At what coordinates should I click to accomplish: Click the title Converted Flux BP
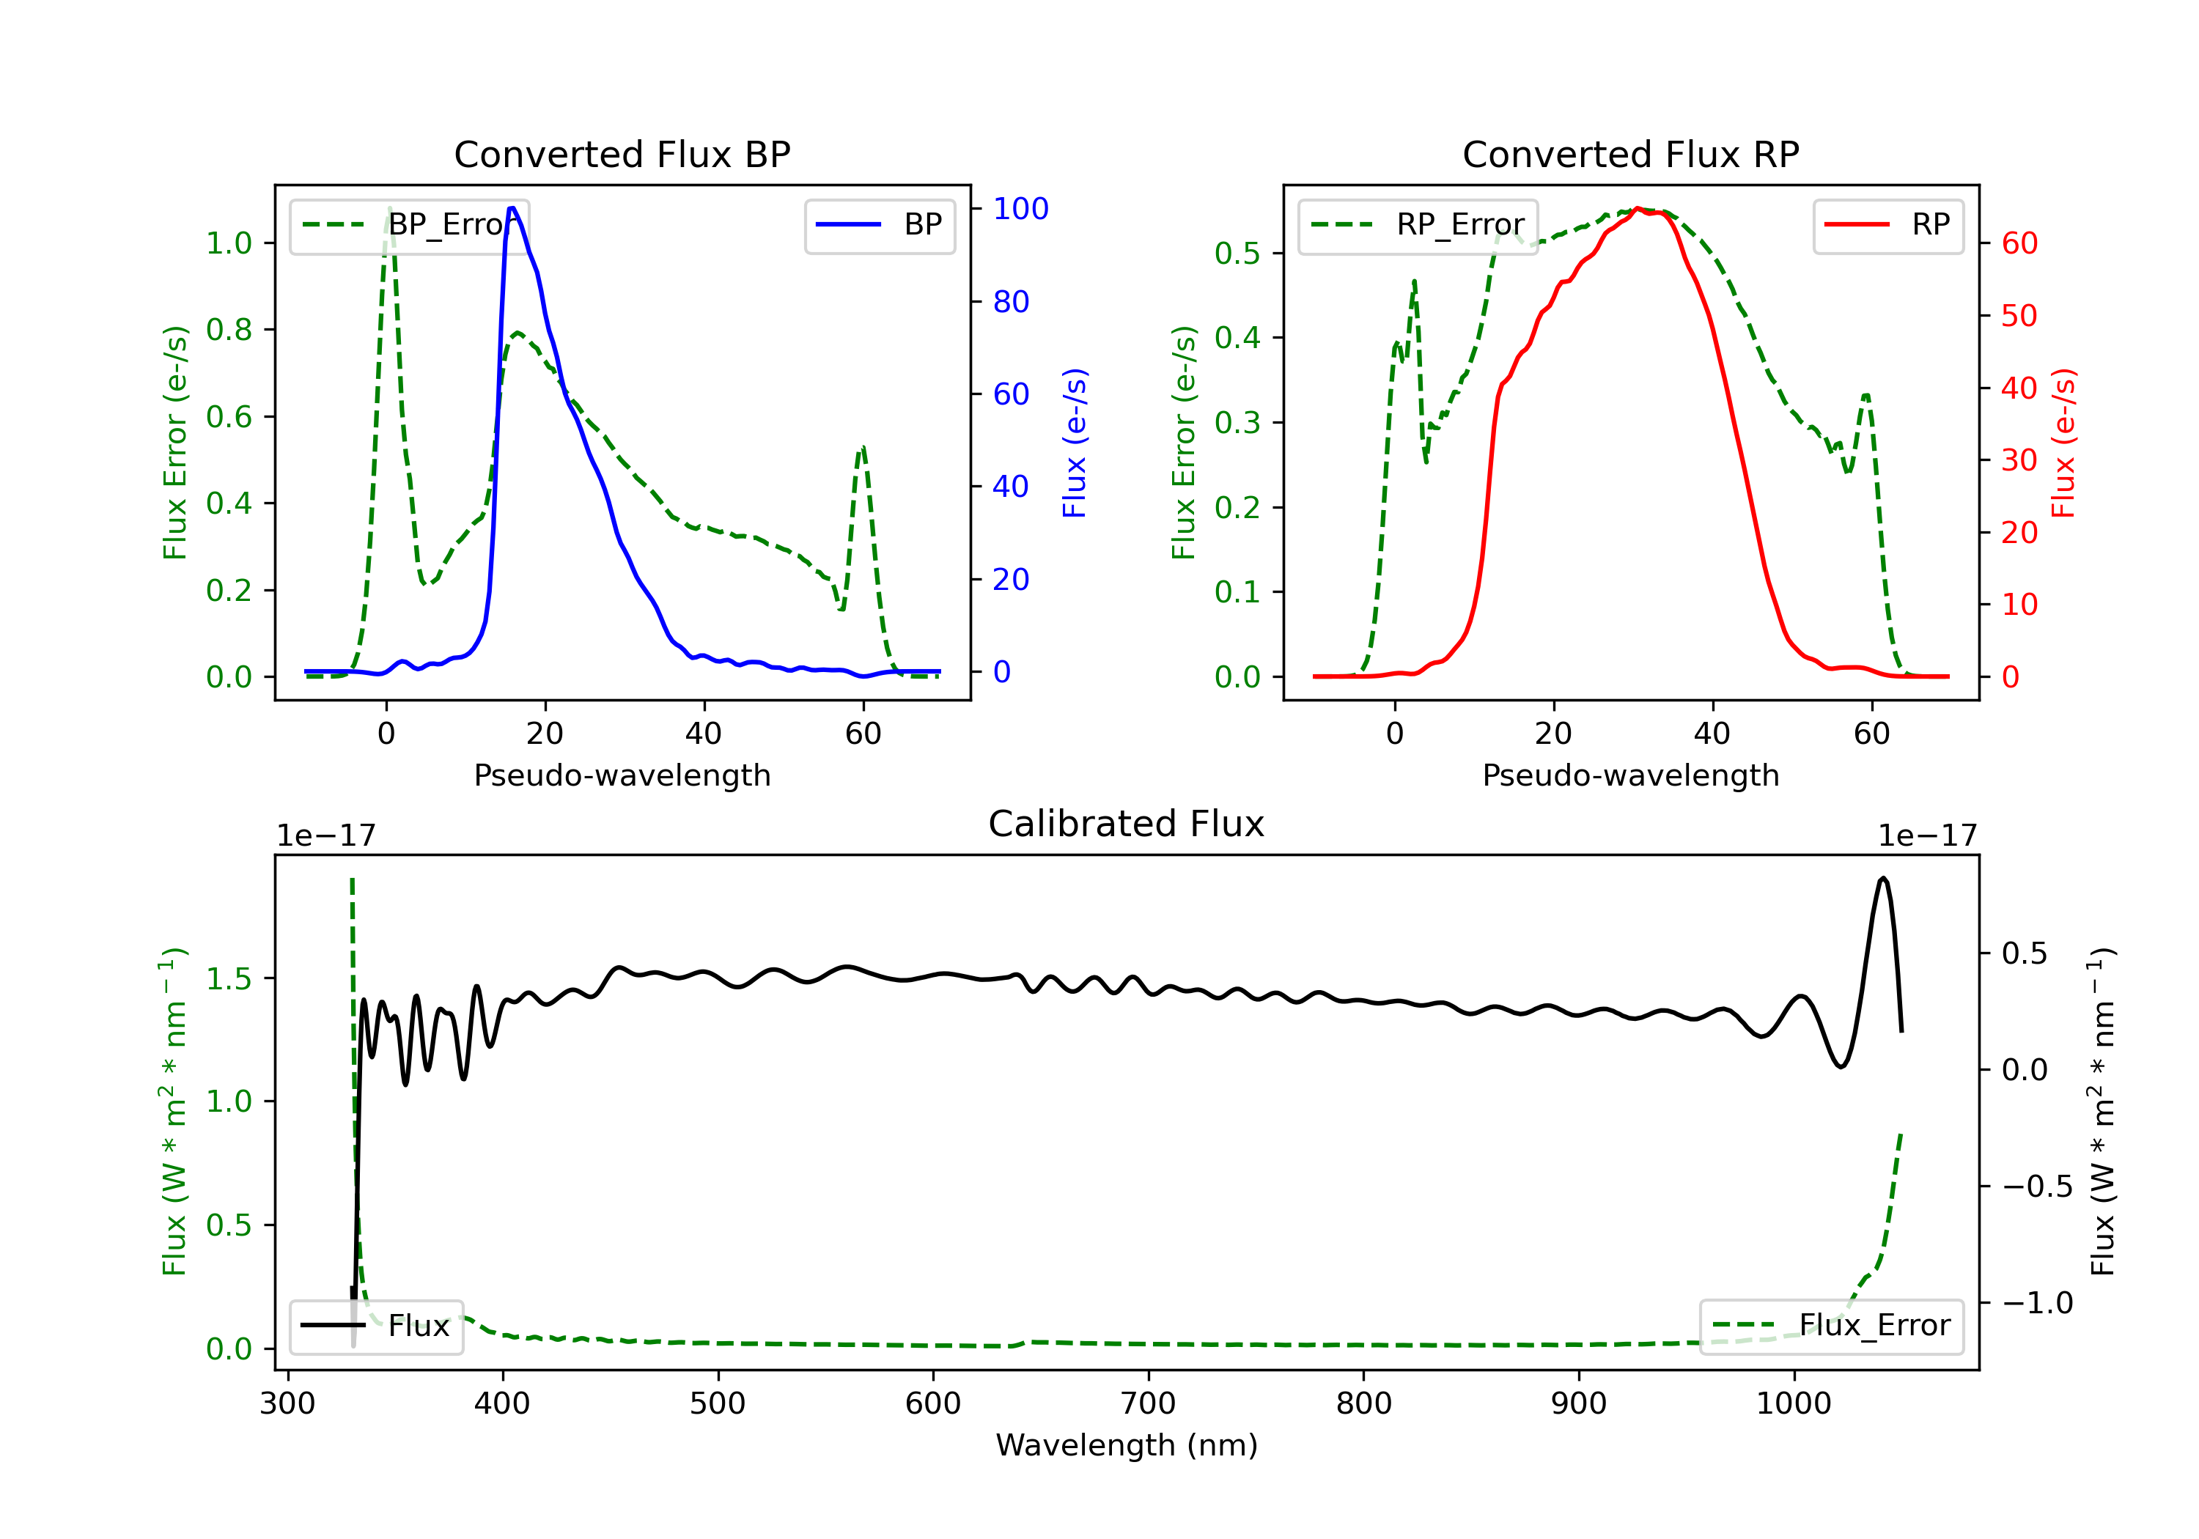point(622,154)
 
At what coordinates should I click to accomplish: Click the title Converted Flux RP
point(1630,154)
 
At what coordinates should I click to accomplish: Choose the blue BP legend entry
point(879,225)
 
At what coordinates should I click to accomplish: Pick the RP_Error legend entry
point(1418,225)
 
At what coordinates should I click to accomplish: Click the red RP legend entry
point(1887,225)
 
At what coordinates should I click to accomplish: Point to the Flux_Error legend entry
point(1830,1326)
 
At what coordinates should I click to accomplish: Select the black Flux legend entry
point(377,1326)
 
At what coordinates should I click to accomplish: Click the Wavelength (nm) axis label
point(1127,1444)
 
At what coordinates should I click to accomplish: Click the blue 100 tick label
point(1020,209)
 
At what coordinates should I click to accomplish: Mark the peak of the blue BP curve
point(512,208)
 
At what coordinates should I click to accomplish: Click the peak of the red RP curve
point(1638,208)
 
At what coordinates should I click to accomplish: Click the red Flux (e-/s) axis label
point(2063,443)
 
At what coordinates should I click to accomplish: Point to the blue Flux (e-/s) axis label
point(1075,443)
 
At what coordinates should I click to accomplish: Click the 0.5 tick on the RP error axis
point(1237,253)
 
